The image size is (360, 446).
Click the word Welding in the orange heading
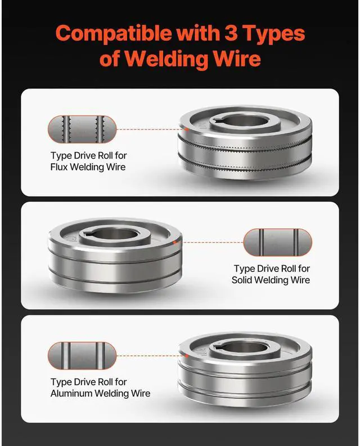tap(169, 58)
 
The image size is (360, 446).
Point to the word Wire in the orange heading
tap(237, 58)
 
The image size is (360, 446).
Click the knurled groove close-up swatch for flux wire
tap(82, 128)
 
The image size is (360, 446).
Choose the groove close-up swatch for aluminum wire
tap(82, 355)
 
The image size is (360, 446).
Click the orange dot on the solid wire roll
tap(177, 242)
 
